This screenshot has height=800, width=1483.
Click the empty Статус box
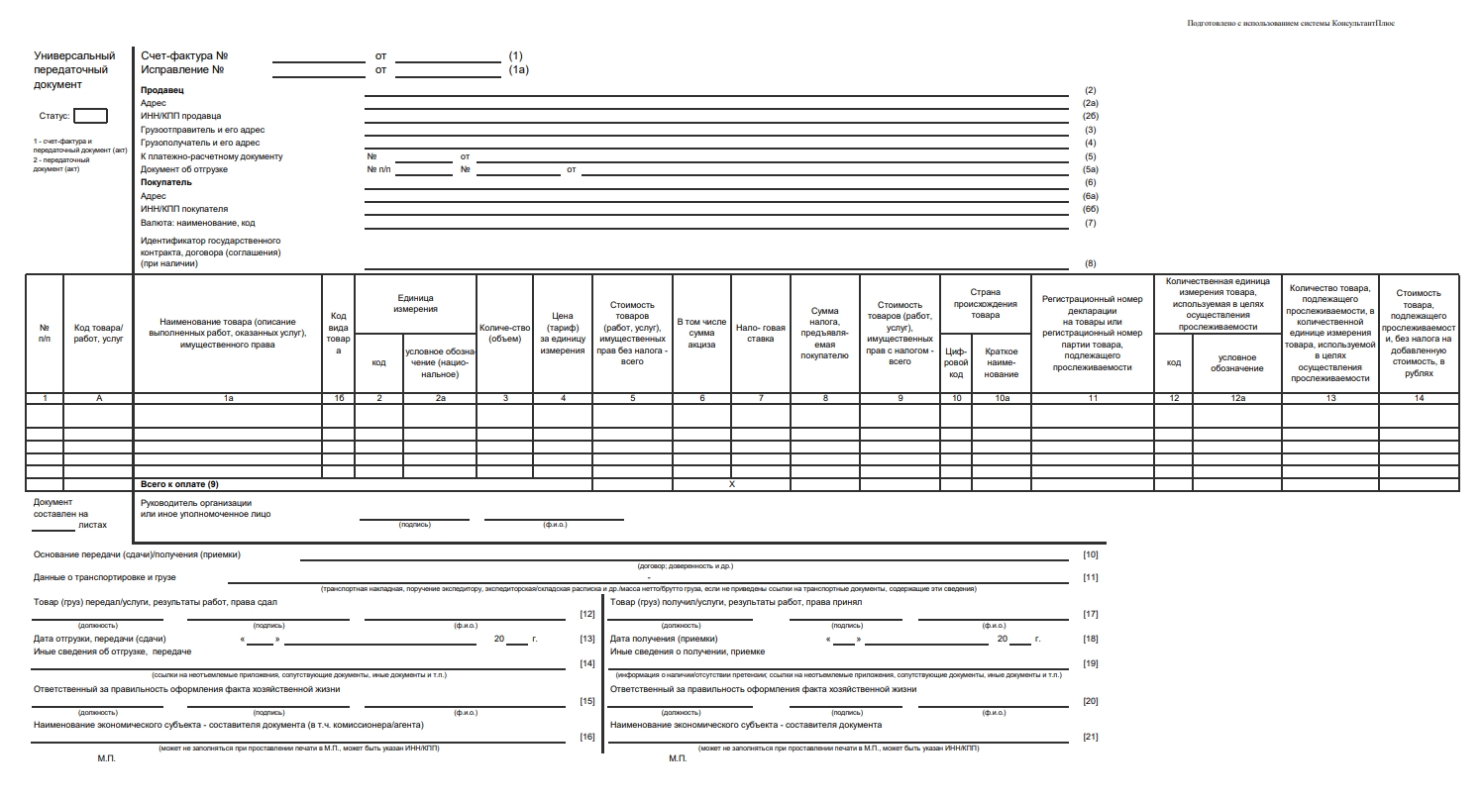pyautogui.click(x=90, y=116)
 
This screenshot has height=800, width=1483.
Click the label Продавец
pyautogui.click(x=161, y=90)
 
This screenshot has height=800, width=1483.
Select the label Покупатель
pyautogui.click(x=166, y=182)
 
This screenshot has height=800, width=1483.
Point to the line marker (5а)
pyautogui.click(x=1090, y=169)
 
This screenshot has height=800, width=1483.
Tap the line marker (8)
pyautogui.click(x=1090, y=263)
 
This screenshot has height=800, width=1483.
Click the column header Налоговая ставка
pyautogui.click(x=760, y=333)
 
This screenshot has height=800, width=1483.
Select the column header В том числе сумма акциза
pyautogui.click(x=701, y=333)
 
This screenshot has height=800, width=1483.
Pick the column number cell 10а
pyautogui.click(x=1002, y=398)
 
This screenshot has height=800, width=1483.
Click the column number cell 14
pyautogui.click(x=1419, y=398)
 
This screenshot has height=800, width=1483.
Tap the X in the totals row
pyautogui.click(x=731, y=484)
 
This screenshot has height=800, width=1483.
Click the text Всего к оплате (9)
pyautogui.click(x=179, y=484)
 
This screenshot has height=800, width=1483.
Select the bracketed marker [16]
pyautogui.click(x=586, y=737)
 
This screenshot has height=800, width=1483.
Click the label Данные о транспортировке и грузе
pyautogui.click(x=104, y=576)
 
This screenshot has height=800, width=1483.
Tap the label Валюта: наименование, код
pyautogui.click(x=197, y=223)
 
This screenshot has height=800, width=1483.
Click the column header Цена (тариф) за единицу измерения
pyautogui.click(x=563, y=333)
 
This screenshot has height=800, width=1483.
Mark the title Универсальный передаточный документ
pyautogui.click(x=74, y=70)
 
